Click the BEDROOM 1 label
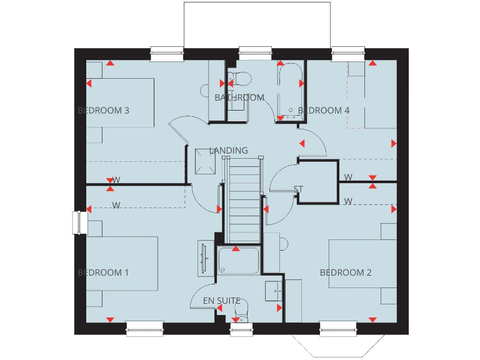[103, 272]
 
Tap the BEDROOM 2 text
[346, 272]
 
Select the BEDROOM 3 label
[103, 111]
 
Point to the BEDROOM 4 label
[324, 111]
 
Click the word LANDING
[229, 151]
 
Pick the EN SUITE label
[221, 301]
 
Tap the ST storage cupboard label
[298, 189]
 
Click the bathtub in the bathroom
[289, 91]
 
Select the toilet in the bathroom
[239, 79]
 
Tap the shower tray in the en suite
[238, 261]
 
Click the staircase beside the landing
[244, 200]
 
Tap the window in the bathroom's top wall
[252, 54]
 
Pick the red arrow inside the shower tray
[236, 249]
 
